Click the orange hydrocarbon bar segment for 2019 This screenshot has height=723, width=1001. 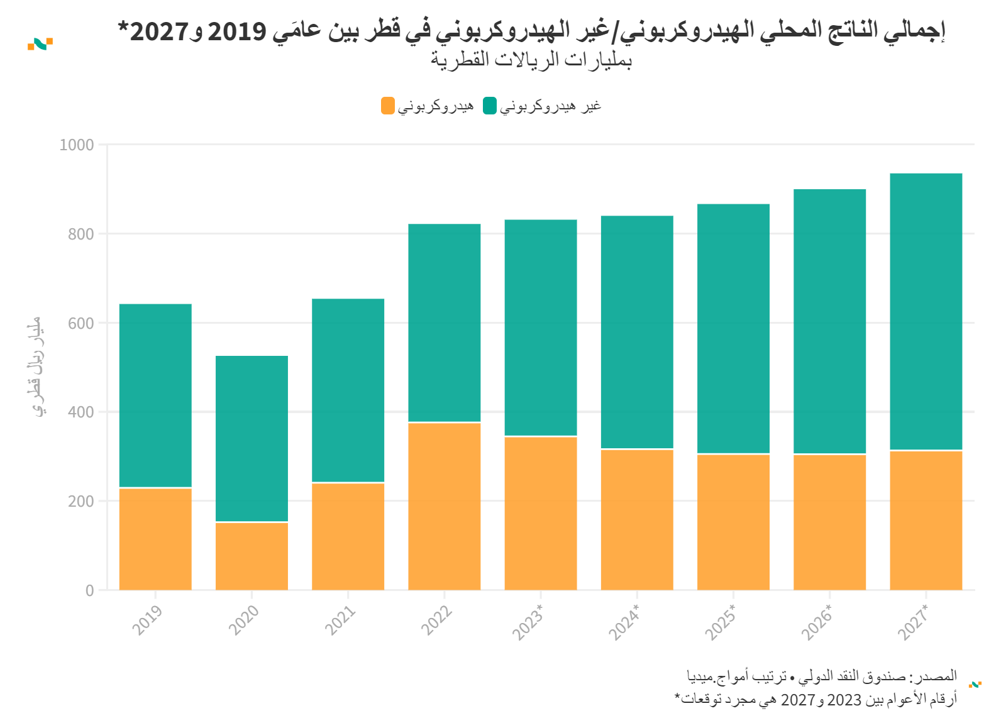tap(155, 539)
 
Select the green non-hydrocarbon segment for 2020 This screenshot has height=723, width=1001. tap(252, 438)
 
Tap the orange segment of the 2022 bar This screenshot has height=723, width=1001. tap(445, 506)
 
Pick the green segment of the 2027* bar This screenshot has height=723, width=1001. tap(926, 311)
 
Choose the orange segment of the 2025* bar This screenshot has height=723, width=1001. tap(733, 522)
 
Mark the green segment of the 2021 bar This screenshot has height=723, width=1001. tap(348, 390)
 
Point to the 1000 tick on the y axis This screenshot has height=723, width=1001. tap(77, 145)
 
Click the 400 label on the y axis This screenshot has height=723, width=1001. tap(80, 412)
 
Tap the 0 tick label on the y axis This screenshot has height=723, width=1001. tap(89, 591)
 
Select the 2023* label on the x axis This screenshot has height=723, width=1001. tap(528, 622)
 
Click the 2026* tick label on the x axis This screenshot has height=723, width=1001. tap(817, 622)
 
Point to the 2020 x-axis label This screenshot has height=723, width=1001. tap(243, 620)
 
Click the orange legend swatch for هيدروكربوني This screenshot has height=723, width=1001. tap(388, 106)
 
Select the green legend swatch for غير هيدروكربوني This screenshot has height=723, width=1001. tap(490, 106)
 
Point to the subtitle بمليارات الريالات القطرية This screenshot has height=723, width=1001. tap(531, 60)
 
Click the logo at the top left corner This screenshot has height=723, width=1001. tap(40, 44)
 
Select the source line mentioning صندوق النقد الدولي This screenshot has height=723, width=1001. tap(821, 676)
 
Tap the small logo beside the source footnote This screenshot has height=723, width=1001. tap(975, 684)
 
